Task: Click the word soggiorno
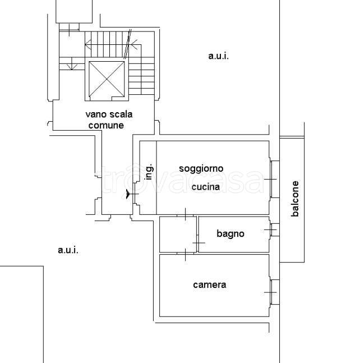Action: coord(201,169)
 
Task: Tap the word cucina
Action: coord(206,187)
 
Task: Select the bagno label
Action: coord(230,233)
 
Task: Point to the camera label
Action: coord(210,285)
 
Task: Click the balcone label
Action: coord(295,199)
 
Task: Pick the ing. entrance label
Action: coord(149,172)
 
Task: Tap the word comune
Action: coord(106,126)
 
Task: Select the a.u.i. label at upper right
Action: coord(218,56)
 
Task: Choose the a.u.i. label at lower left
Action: coord(68,250)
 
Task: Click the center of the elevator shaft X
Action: coord(107,79)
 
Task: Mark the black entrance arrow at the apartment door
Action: coord(128,194)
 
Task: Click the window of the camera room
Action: coord(274,292)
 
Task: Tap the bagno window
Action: coord(275,229)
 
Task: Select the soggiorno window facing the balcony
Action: coord(275,179)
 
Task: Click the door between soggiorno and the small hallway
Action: coord(185,215)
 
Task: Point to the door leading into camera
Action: coord(185,254)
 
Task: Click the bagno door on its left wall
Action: coord(198,243)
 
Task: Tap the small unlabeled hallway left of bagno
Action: coord(178,235)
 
